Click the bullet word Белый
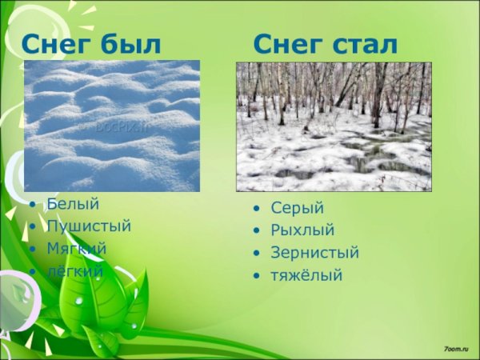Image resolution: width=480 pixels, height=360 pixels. point(67,204)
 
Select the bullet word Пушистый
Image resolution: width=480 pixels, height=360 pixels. point(88,226)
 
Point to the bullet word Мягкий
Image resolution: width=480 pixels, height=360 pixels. point(76,249)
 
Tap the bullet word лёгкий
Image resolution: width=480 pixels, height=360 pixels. point(74,271)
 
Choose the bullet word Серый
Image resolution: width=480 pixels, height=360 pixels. point(297,208)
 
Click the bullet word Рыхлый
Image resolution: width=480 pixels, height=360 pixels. point(302,230)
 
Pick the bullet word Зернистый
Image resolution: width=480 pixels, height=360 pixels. point(314,253)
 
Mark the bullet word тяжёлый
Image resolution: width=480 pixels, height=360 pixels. point(306,276)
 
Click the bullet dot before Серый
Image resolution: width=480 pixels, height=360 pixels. point(256,209)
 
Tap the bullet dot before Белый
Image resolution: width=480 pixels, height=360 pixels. point(32,205)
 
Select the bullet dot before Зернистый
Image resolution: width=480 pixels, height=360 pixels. point(256,254)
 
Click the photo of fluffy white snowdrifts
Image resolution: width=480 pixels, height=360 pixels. point(112,126)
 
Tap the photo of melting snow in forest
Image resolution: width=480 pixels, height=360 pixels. point(334,126)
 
